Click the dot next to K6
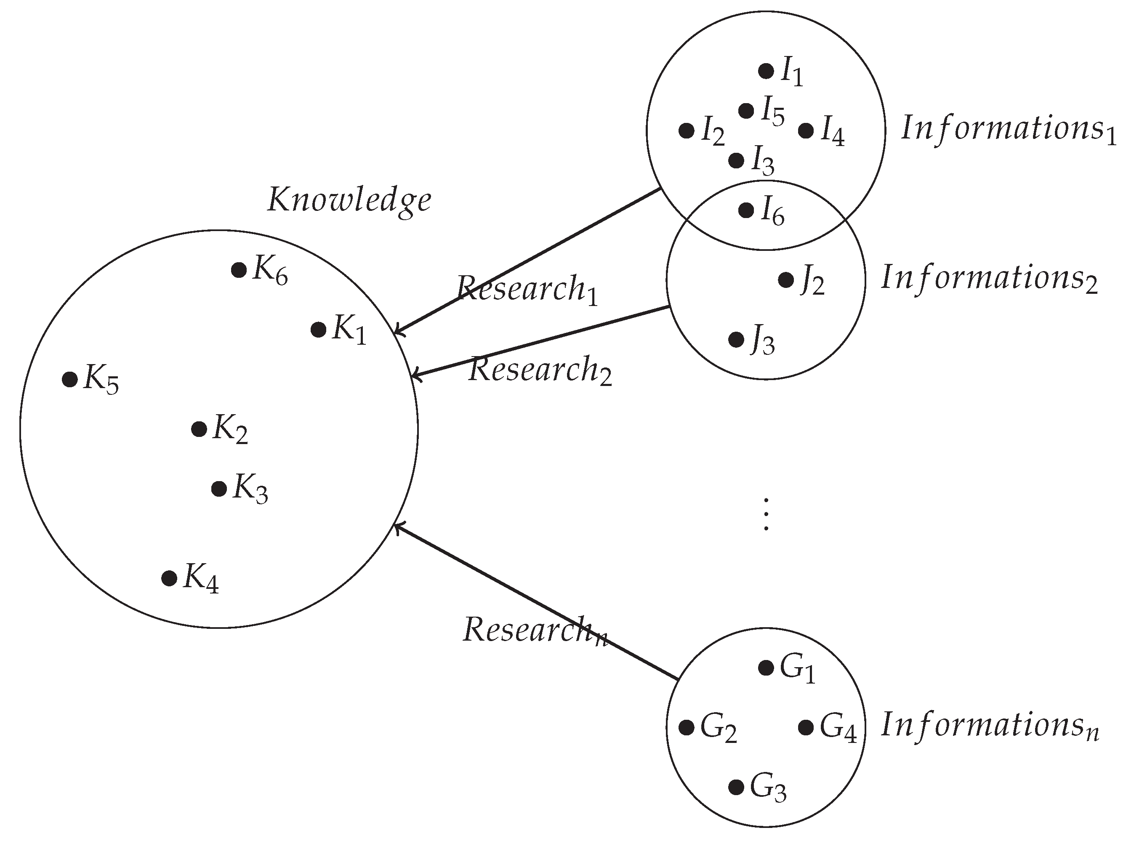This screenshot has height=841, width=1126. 239,270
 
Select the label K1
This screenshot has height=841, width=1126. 349,330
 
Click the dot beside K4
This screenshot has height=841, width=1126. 169,578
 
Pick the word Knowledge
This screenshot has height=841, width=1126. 349,200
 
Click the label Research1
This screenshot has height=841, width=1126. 527,289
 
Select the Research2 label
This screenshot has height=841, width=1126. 540,370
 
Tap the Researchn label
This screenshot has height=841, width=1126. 535,630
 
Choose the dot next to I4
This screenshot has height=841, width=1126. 806,131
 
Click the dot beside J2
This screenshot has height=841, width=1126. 786,280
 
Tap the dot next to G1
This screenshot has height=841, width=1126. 766,668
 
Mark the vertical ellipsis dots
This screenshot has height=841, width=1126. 766,515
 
